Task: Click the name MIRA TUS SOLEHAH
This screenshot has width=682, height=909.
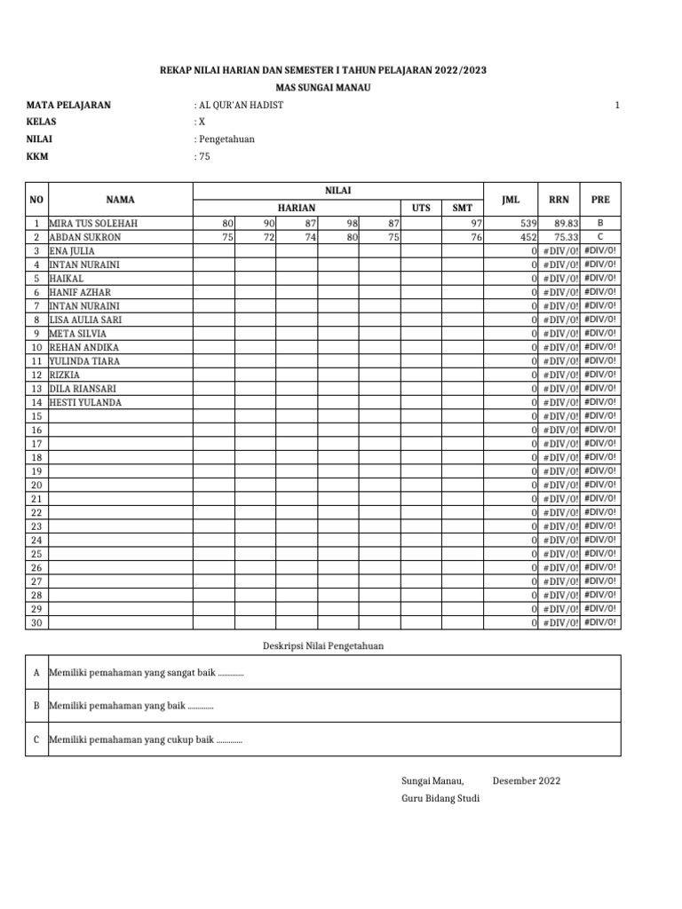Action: click(x=93, y=224)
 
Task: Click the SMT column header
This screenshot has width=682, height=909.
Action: click(x=462, y=208)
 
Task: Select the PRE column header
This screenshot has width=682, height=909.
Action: click(x=600, y=200)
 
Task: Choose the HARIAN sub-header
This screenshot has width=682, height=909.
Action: click(x=297, y=208)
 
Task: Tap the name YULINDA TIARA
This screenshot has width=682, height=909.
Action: click(x=84, y=361)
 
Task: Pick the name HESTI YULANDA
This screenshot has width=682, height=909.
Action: click(x=85, y=402)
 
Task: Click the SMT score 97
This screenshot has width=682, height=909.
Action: click(x=475, y=224)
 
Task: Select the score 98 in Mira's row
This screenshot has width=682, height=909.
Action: click(x=351, y=224)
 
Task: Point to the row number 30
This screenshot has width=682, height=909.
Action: click(x=36, y=623)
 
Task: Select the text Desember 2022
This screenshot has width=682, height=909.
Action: click(x=526, y=781)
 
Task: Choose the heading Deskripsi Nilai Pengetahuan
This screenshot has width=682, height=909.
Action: click(x=322, y=645)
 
